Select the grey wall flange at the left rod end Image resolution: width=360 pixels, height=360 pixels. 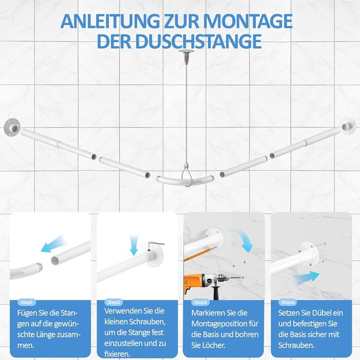coord(12,128)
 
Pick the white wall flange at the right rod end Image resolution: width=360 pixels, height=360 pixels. coord(348,126)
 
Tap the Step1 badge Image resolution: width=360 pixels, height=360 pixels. coord(27,302)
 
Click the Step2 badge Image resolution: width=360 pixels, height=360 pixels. coord(114,302)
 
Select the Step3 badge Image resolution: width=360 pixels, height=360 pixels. coord(201,302)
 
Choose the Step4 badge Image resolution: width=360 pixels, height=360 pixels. coord(287,302)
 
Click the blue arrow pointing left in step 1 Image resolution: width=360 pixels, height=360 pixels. coord(53,244)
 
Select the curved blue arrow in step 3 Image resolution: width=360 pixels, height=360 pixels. coord(244,240)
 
